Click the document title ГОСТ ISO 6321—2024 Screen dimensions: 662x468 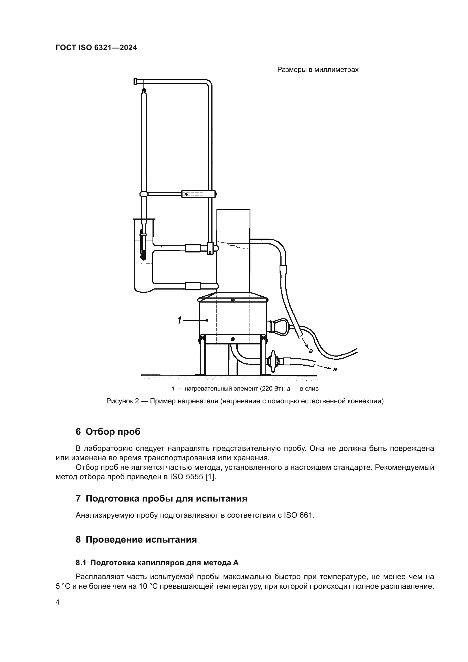click(96, 48)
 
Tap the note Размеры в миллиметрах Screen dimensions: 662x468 click(317, 70)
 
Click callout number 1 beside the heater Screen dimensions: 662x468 click(179, 320)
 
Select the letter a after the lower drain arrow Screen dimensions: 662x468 click(335, 369)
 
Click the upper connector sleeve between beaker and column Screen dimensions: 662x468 click(192, 248)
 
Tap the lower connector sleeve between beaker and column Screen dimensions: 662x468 click(192, 286)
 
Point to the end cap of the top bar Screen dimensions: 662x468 click(135, 82)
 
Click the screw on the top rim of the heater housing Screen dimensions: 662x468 click(233, 300)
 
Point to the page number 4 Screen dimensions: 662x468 click(57, 602)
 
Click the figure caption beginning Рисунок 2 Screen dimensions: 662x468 click(245, 401)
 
